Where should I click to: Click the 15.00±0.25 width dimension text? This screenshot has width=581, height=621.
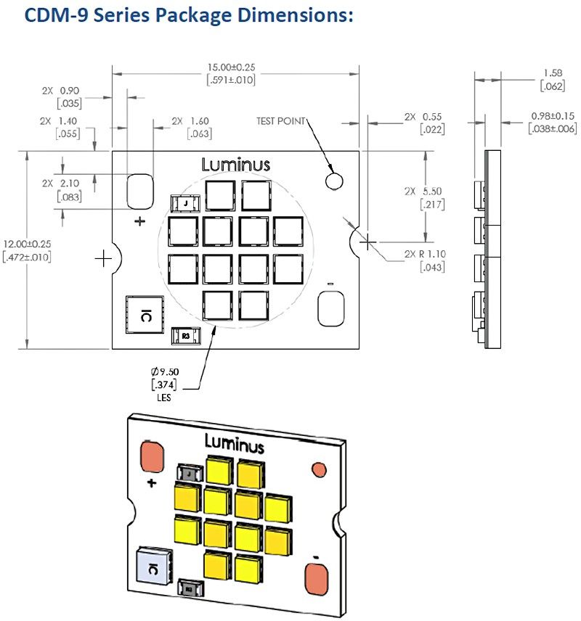(232, 67)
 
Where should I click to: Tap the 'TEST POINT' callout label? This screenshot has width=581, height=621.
(281, 121)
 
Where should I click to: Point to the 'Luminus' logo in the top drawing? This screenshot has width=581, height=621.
(235, 165)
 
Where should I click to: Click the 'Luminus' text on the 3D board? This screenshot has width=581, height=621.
(234, 442)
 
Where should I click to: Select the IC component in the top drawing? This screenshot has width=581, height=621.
(144, 313)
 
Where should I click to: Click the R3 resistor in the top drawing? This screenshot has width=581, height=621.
(185, 336)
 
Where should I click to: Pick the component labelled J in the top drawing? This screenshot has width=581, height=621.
(185, 205)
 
